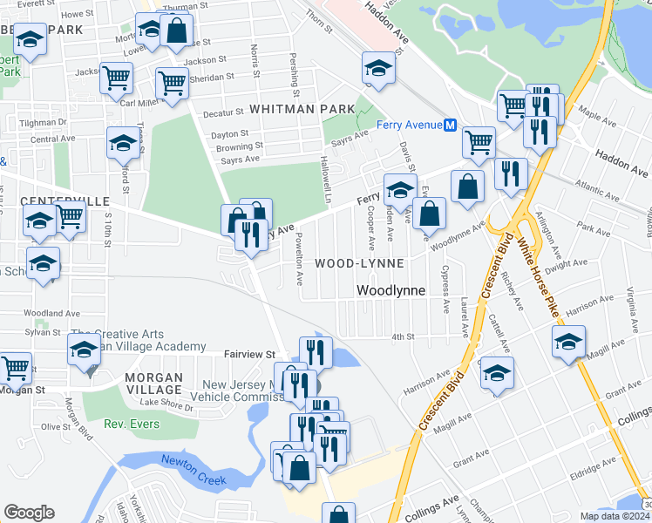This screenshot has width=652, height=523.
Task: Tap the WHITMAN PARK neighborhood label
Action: click(302, 109)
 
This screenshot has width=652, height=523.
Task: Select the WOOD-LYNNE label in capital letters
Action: click(359, 263)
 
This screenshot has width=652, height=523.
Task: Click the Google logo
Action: click(29, 513)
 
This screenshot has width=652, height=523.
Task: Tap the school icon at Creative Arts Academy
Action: click(84, 350)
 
